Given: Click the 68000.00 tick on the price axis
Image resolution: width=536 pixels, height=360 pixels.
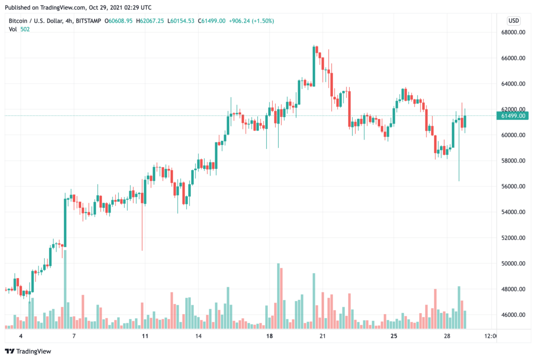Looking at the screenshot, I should pyautogui.click(x=514, y=32).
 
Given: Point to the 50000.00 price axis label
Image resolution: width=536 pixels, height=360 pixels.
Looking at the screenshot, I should pyautogui.click(x=514, y=263).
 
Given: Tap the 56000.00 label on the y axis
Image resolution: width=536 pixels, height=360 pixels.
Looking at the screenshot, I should pyautogui.click(x=514, y=186).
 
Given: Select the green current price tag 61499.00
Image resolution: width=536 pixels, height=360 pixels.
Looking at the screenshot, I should pyautogui.click(x=514, y=116).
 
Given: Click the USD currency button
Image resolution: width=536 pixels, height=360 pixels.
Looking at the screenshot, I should pyautogui.click(x=513, y=20).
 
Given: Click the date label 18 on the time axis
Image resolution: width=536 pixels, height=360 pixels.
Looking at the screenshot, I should pyautogui.click(x=270, y=336).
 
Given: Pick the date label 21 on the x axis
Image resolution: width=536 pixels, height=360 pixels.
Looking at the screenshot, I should pyautogui.click(x=323, y=336).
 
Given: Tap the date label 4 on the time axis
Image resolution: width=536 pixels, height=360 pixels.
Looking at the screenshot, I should pyautogui.click(x=21, y=336).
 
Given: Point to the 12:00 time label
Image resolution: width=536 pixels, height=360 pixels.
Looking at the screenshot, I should pyautogui.click(x=491, y=336).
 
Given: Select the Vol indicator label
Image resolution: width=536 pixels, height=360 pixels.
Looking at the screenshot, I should pyautogui.click(x=13, y=29).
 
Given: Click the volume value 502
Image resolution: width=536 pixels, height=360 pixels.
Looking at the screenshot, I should pyautogui.click(x=26, y=29).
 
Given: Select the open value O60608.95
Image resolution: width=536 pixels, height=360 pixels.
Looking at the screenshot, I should pyautogui.click(x=118, y=21).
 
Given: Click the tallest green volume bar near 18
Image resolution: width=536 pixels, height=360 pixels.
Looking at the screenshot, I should pyautogui.click(x=278, y=295).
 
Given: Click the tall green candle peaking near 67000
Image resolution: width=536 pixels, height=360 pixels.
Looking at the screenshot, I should pyautogui.click(x=314, y=65).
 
